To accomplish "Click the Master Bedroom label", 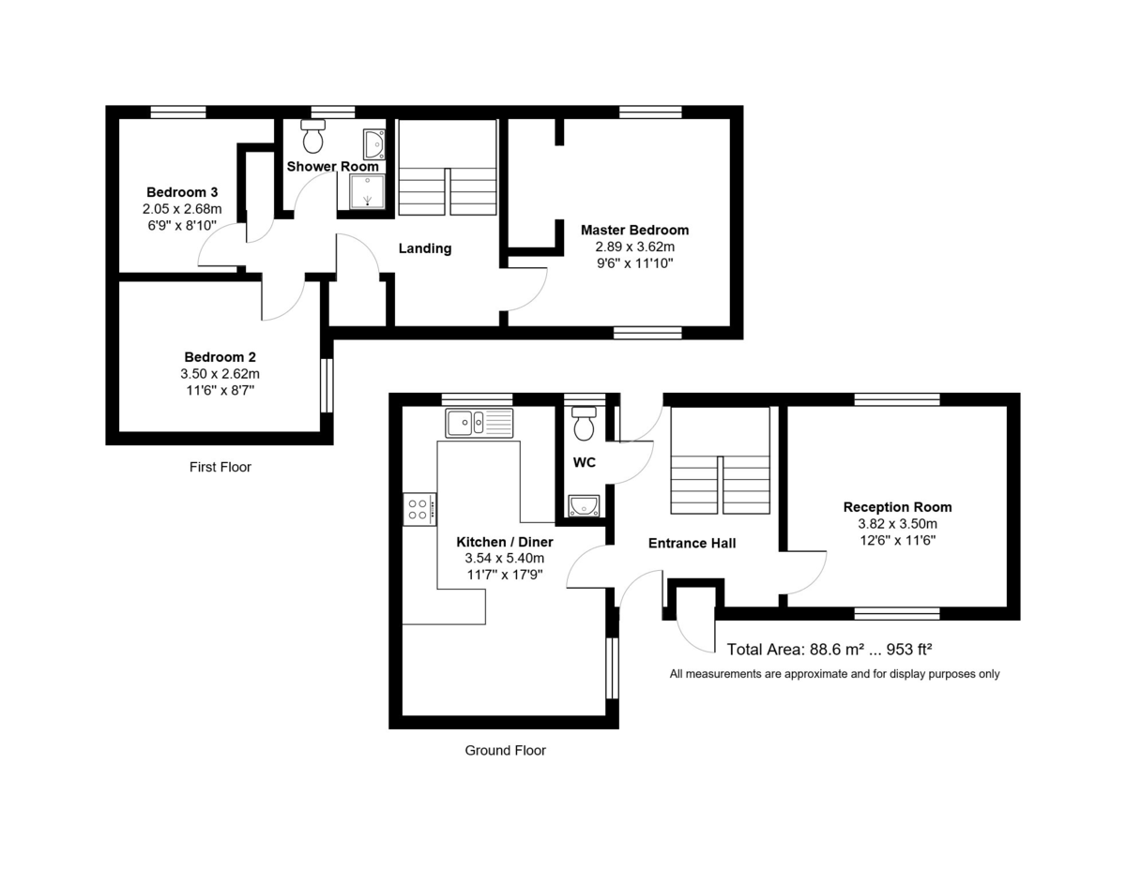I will pyautogui.click(x=634, y=230).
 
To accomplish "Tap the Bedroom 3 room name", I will pyautogui.click(x=182, y=192).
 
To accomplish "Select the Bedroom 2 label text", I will pyautogui.click(x=220, y=357).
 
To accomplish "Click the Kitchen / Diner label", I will pyautogui.click(x=504, y=542).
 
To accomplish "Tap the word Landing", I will pyautogui.click(x=425, y=248).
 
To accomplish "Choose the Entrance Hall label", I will pyautogui.click(x=692, y=543).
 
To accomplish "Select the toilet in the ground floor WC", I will pyautogui.click(x=584, y=424).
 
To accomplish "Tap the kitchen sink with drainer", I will pyautogui.click(x=479, y=424).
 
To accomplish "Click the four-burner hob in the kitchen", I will pyautogui.click(x=419, y=509).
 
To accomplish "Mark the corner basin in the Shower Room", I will pyautogui.click(x=373, y=144).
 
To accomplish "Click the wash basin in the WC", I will pyautogui.click(x=584, y=506).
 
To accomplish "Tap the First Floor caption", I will pyautogui.click(x=221, y=467).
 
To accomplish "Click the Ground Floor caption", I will pyautogui.click(x=505, y=750).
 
